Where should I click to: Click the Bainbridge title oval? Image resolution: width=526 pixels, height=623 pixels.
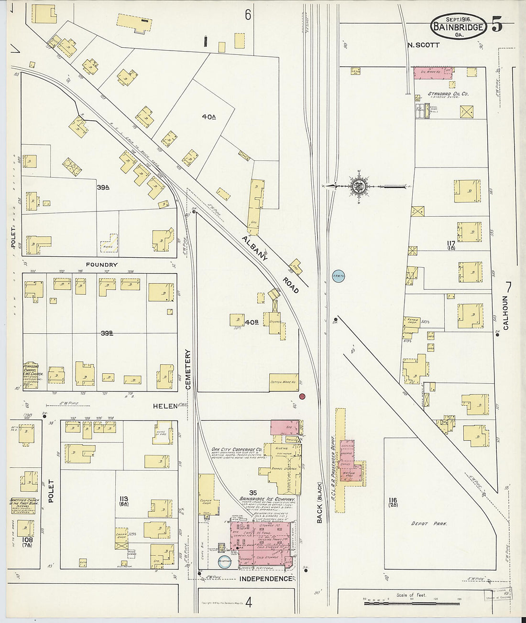coord(459,26)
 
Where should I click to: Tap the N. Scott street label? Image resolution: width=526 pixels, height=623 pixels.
coord(424,45)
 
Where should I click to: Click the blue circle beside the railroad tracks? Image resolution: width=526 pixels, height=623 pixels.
coord(339,275)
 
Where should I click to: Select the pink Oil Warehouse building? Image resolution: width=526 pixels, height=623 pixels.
coord(433,72)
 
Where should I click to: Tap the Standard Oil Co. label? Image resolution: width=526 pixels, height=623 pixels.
coord(448,94)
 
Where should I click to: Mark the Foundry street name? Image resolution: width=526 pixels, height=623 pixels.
coord(101,264)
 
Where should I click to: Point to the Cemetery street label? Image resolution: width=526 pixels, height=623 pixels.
coord(188,370)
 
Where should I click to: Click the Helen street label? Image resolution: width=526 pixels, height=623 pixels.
coord(162,405)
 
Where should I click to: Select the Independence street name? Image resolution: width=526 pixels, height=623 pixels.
coord(265,579)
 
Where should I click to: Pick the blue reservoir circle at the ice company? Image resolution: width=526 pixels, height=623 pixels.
coord(224,562)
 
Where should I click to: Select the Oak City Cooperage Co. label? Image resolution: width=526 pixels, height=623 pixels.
coord(237,449)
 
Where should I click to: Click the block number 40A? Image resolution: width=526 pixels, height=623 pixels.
coord(209,116)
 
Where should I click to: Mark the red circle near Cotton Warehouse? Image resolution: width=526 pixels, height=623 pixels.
coord(302,396)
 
